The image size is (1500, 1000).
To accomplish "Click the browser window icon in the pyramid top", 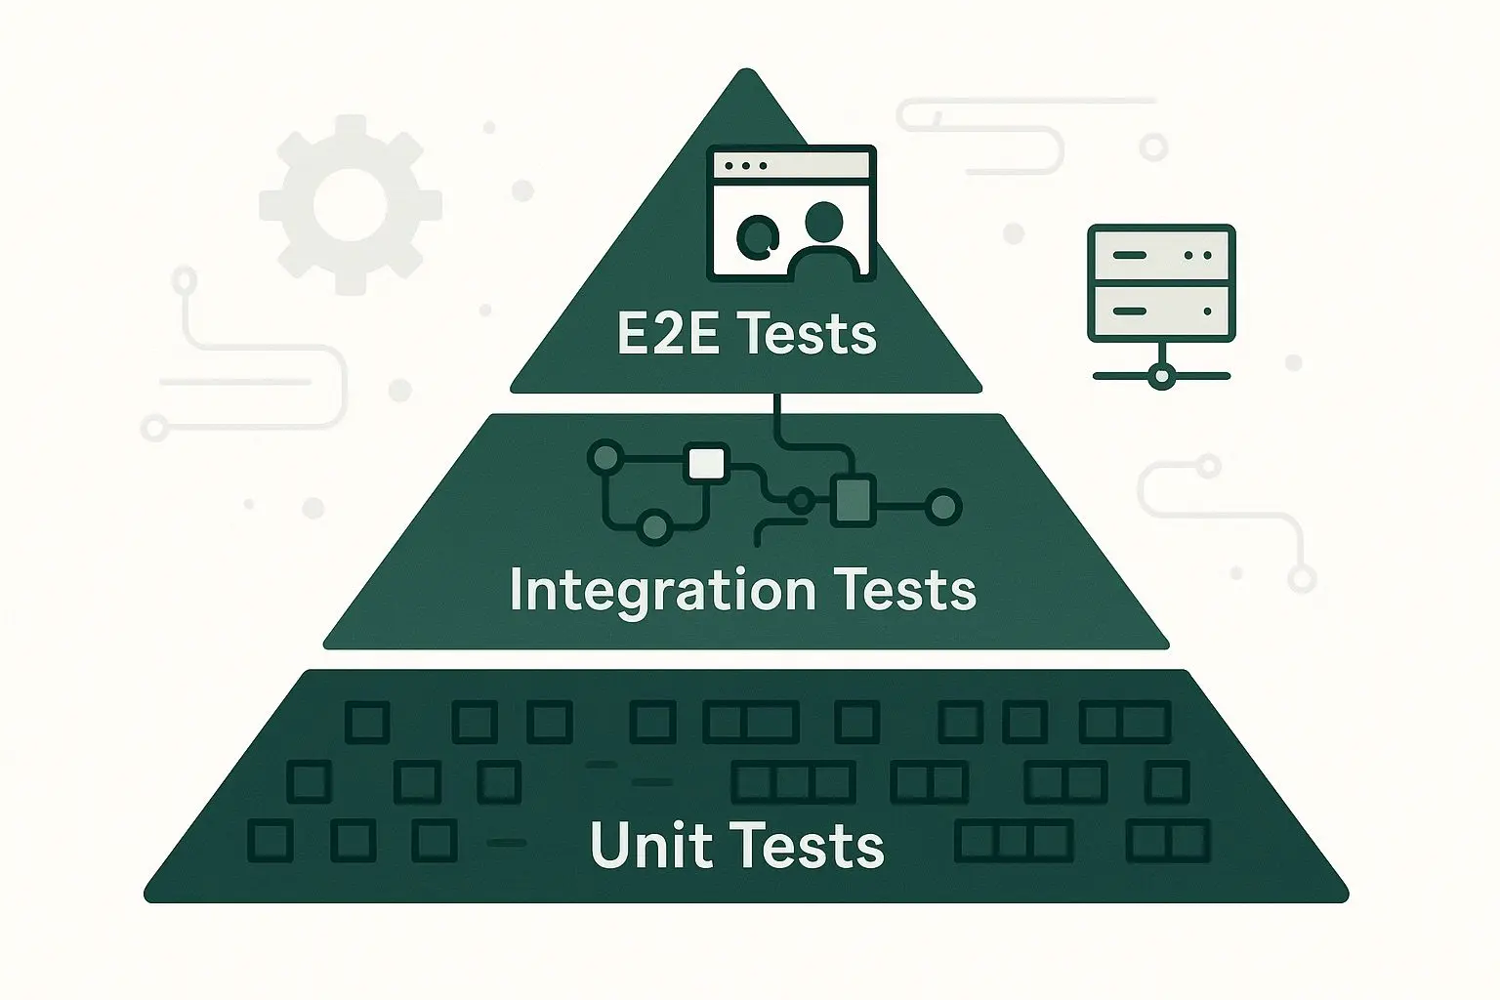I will click(x=793, y=211).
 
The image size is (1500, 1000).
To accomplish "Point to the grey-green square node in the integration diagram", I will click(x=852, y=500).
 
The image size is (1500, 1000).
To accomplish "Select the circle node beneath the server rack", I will click(x=1161, y=375).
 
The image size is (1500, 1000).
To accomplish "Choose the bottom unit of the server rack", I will click(x=1161, y=312).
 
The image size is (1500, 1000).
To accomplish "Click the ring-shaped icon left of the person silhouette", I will click(x=758, y=233).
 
